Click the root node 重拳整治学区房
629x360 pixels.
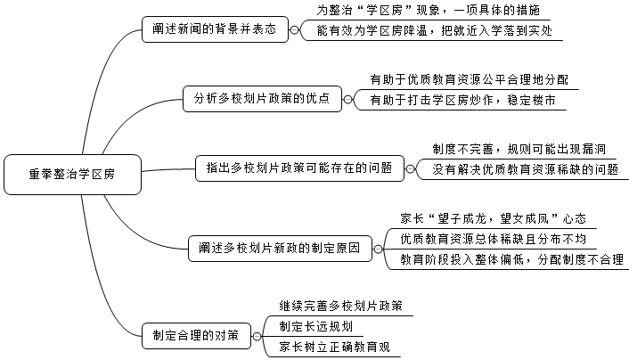pyautogui.click(x=71, y=174)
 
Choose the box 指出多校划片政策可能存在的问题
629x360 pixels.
pyautogui.click(x=299, y=167)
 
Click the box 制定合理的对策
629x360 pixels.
pyautogui.click(x=195, y=336)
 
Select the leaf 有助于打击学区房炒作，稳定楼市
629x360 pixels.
pyautogui.click(x=455, y=100)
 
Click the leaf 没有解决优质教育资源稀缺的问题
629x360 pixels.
pyautogui.click(x=526, y=168)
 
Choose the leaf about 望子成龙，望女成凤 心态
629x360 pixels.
pyautogui.click(x=493, y=217)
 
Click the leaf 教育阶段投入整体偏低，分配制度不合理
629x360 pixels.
pyautogui.click(x=511, y=259)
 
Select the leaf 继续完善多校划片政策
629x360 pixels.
pyautogui.click(x=340, y=306)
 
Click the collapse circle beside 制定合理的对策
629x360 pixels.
pyautogui.click(x=257, y=336)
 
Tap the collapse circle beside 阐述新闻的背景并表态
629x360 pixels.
pyautogui.click(x=296, y=29)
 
